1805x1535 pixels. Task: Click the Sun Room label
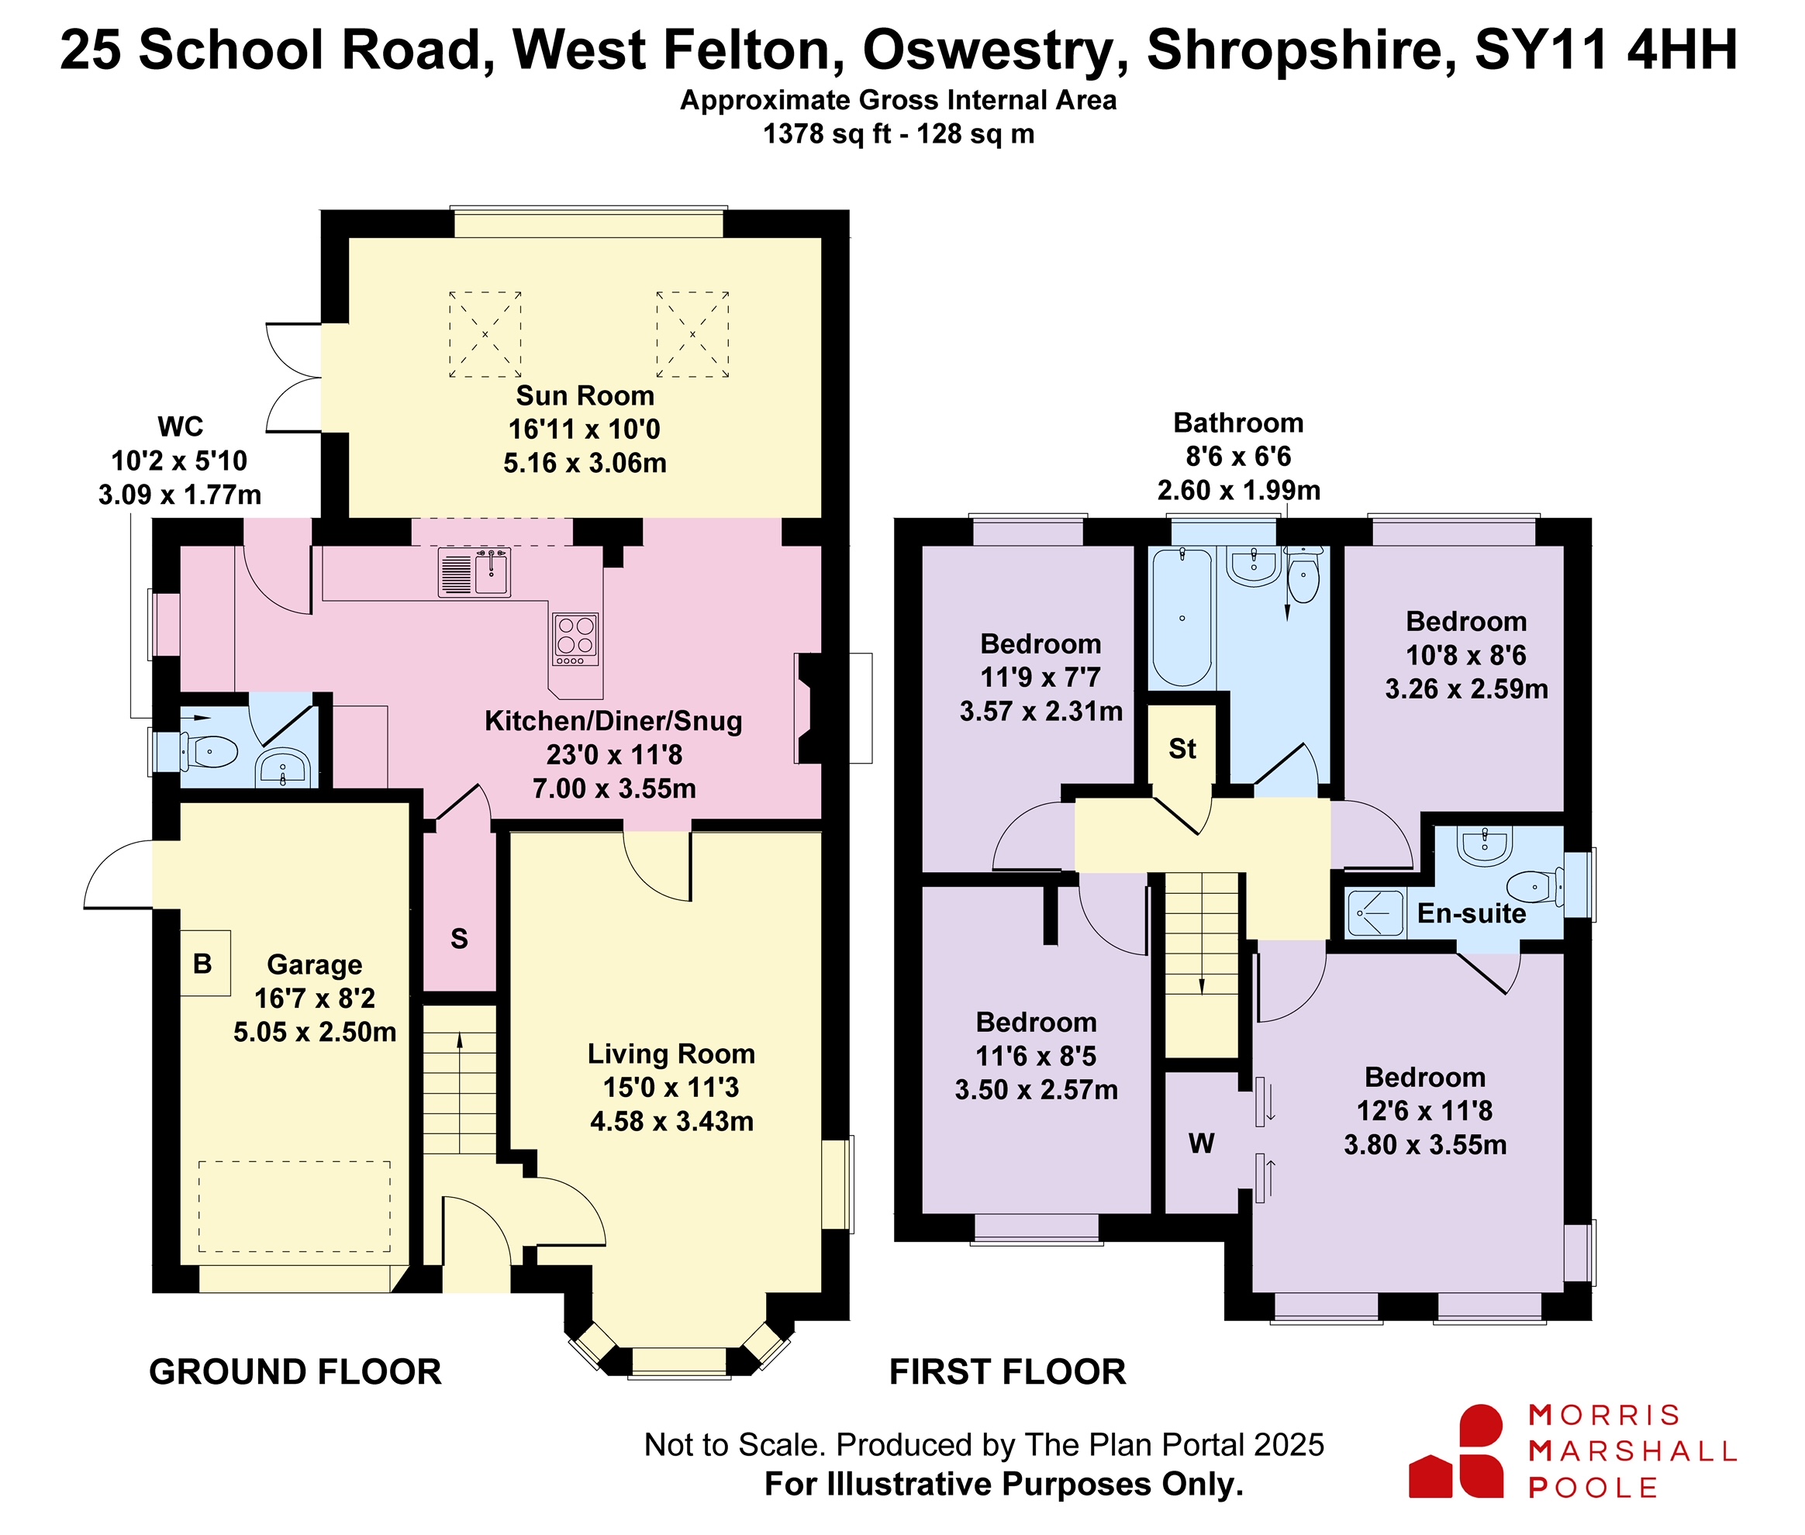[585, 396]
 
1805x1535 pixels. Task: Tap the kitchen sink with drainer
[475, 573]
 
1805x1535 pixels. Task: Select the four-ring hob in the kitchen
[575, 640]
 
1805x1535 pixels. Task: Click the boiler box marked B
[205, 964]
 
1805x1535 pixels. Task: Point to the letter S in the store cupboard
[460, 939]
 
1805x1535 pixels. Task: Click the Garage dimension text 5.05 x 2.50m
[315, 1032]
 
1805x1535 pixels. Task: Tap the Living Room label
[671, 1054]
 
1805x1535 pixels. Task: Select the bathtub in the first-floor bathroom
[1182, 617]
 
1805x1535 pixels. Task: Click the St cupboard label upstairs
[1182, 748]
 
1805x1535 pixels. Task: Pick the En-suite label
[1472, 912]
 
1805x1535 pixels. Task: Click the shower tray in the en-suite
[1376, 912]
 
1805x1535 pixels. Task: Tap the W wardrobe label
[1202, 1143]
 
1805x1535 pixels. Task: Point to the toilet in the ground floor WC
[209, 752]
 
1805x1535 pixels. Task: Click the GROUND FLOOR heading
[295, 1372]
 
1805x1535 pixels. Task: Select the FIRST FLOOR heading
[1008, 1372]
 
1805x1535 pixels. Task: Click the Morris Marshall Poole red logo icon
[1457, 1450]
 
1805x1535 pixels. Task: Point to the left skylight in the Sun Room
[485, 334]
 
